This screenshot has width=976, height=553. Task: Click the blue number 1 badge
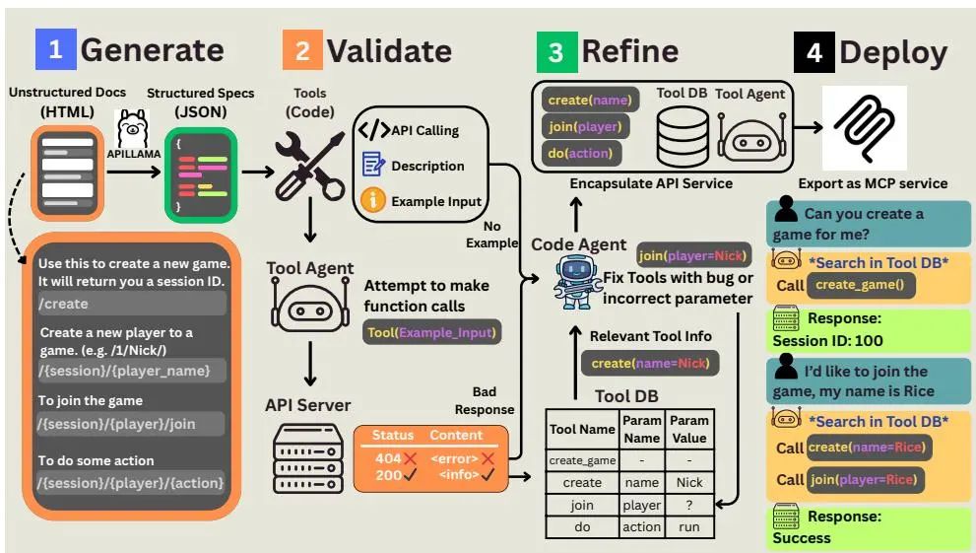coord(54,50)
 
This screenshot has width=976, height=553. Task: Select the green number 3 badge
coord(555,51)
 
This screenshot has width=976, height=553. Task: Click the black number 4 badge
coord(813,51)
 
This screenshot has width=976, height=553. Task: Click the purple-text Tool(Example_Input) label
coord(431,332)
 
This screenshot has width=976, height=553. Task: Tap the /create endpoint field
coord(131,304)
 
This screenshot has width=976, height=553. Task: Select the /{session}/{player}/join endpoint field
coord(131,424)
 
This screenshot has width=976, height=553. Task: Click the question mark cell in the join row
coord(689,506)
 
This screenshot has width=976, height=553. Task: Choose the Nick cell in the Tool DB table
coord(689,483)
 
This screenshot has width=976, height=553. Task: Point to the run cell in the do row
coord(689,527)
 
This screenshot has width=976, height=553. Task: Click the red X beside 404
coord(411,458)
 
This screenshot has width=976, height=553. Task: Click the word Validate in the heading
coord(389,50)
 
